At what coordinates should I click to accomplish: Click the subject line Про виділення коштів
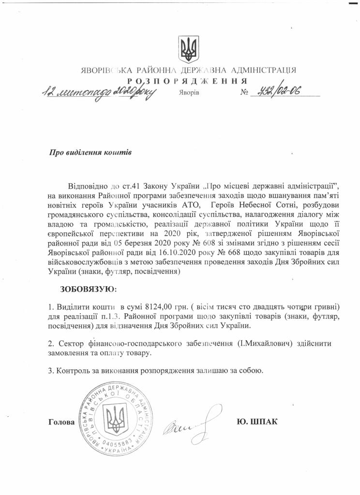(90, 152)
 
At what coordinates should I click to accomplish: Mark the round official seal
(114, 418)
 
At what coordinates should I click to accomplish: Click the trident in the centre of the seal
(115, 417)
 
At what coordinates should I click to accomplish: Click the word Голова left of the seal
(61, 422)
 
